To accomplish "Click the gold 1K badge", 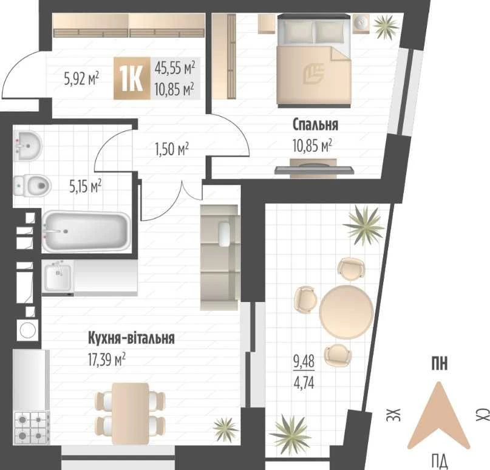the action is click(x=132, y=78).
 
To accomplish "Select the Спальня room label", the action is click(x=315, y=124).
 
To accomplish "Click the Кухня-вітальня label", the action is click(x=131, y=338).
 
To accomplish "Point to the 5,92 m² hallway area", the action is click(x=81, y=78).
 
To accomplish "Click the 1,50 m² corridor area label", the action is click(x=172, y=149).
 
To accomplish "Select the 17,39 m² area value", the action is click(x=107, y=359).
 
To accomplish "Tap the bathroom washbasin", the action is click(x=27, y=146).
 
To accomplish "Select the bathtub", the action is click(x=86, y=231).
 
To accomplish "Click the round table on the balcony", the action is click(x=346, y=312).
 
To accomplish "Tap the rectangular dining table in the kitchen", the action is click(x=131, y=414).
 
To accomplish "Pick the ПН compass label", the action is click(x=440, y=364).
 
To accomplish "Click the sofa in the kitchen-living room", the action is click(x=219, y=257).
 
